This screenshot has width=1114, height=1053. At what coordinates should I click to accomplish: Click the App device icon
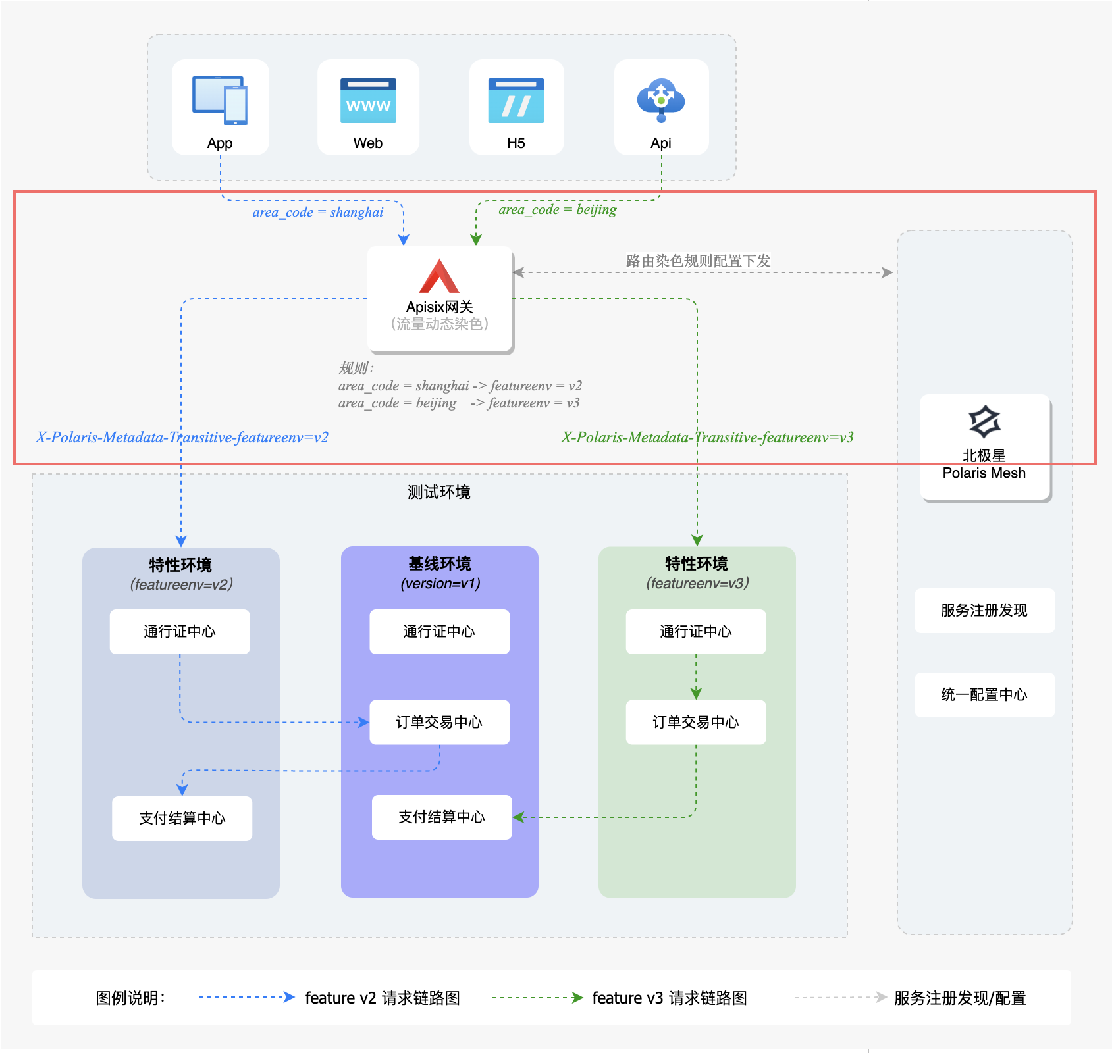[x=220, y=100]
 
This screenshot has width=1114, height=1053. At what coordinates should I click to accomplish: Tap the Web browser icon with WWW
[x=368, y=101]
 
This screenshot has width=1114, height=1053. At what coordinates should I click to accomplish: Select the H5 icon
[x=516, y=101]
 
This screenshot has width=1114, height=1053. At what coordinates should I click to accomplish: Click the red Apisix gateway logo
[x=439, y=276]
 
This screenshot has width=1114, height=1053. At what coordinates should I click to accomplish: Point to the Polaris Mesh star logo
[x=984, y=422]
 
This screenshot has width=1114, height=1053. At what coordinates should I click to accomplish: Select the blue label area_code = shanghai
[x=318, y=212]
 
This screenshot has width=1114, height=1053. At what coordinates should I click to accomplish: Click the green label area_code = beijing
[x=558, y=209]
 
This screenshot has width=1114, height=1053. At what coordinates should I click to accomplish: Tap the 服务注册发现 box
[x=984, y=611]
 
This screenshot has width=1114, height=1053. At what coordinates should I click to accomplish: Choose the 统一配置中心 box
[x=984, y=695]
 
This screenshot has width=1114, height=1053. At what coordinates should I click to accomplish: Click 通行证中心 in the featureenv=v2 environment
[x=180, y=632]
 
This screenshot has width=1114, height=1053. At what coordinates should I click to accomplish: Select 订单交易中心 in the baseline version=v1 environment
[x=439, y=723]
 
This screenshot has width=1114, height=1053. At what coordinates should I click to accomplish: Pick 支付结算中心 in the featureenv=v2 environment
[x=182, y=819]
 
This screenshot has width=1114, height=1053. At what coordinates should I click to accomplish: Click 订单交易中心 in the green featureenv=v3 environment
[x=696, y=723]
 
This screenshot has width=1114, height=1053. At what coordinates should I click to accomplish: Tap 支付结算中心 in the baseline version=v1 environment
[x=442, y=817]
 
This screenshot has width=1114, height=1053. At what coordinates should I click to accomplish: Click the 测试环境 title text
[x=439, y=492]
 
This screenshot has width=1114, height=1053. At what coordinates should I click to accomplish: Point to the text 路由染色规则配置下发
[x=699, y=261]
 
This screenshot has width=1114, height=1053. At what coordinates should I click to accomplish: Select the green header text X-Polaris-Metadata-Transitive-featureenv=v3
[x=707, y=438]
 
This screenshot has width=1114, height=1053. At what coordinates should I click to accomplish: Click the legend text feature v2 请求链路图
[x=383, y=998]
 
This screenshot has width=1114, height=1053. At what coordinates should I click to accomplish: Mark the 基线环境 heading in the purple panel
[x=440, y=564]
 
